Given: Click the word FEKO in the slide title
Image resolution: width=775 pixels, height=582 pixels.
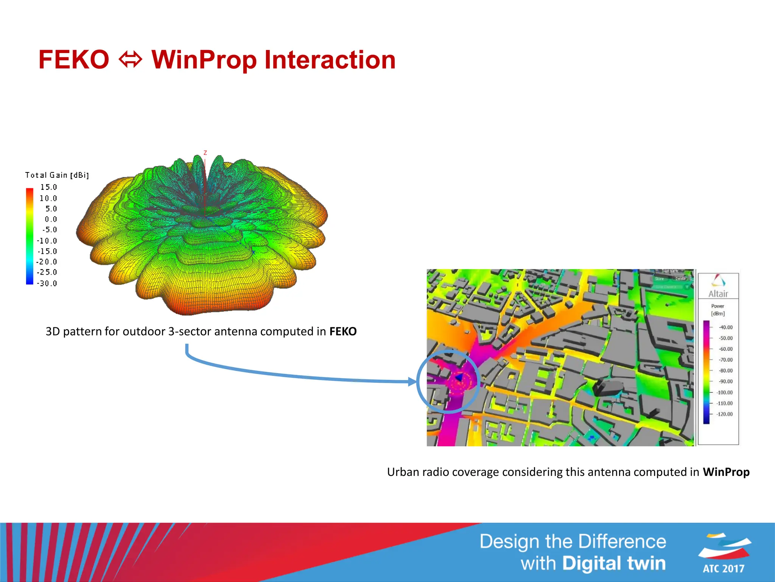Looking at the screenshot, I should tap(74, 60).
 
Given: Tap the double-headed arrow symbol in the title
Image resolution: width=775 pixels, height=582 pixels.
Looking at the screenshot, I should tap(131, 60).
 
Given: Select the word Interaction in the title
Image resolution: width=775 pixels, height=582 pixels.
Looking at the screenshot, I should tap(330, 60).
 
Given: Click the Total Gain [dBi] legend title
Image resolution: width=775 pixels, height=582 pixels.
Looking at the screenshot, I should tap(57, 175).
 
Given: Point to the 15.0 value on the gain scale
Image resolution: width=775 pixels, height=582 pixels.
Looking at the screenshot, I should tap(48, 187).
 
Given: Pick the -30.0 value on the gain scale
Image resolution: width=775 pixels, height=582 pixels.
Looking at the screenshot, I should tap(47, 283).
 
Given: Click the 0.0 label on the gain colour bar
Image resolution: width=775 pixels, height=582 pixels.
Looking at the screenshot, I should tap(51, 219).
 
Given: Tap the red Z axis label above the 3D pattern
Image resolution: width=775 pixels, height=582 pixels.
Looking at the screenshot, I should tap(205, 153).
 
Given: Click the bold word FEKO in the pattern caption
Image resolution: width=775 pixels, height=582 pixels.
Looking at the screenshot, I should tap(343, 332).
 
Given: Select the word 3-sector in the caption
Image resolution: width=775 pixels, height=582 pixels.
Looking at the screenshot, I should tap(189, 332).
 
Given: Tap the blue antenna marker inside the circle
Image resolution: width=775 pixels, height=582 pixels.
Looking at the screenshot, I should tap(459, 377).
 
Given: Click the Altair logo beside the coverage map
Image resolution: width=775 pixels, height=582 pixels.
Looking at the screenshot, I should tap(718, 286).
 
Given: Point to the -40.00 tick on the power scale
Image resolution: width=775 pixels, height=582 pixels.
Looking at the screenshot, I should tap(725, 327).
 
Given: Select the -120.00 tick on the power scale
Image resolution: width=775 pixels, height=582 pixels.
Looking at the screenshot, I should tap(724, 414).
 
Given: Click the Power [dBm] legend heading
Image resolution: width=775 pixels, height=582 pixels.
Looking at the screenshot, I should tap(717, 310).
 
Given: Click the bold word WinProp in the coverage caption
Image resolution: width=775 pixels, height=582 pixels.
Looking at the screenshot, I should tap(726, 472).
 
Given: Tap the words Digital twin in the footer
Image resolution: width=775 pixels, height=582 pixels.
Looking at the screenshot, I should tap(613, 563).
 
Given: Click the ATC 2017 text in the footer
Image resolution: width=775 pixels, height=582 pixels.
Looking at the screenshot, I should tap(723, 568).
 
